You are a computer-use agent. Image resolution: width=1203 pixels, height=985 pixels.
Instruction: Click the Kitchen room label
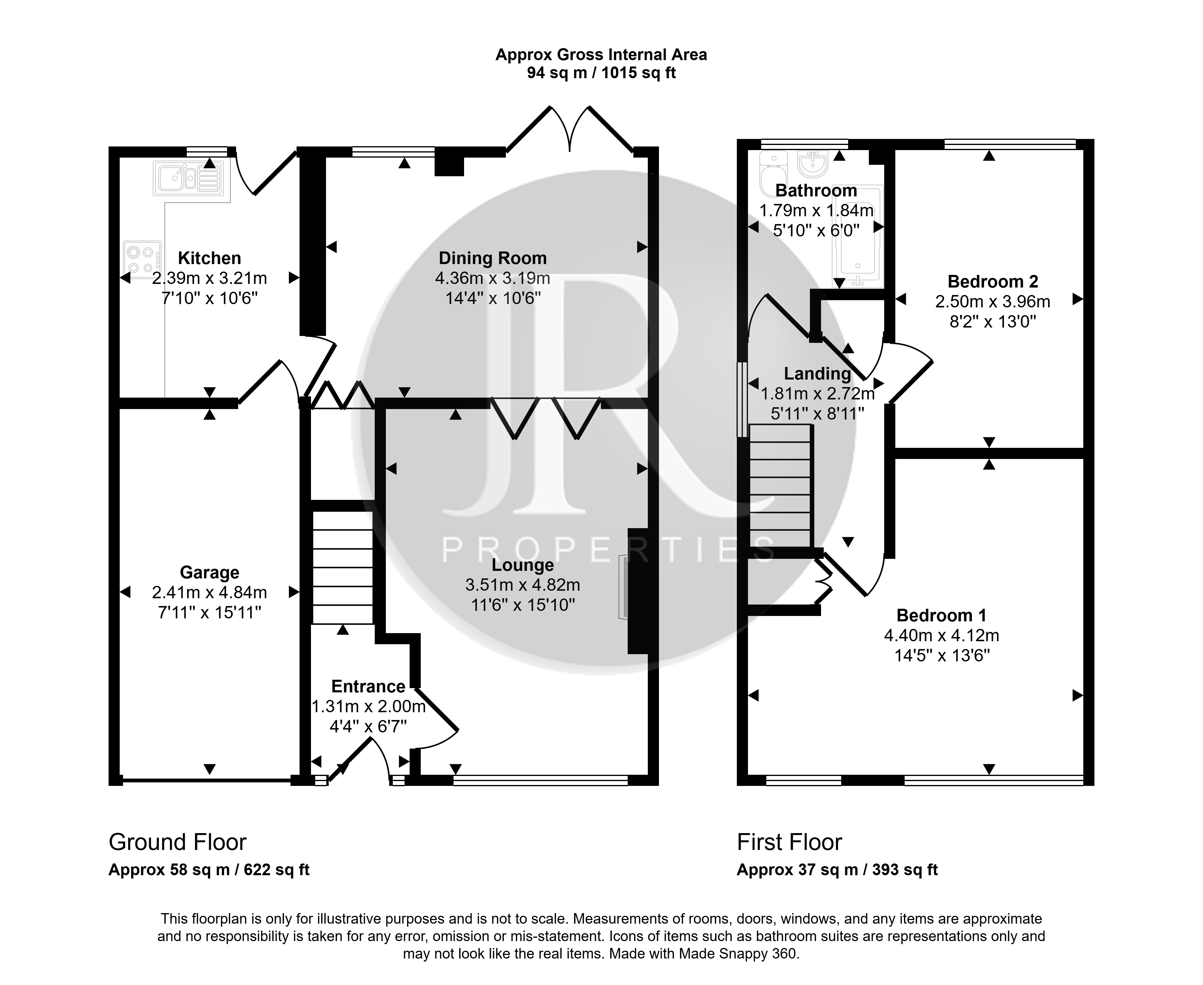click(x=209, y=258)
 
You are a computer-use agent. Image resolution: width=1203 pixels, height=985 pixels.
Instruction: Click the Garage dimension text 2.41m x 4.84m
click(x=209, y=593)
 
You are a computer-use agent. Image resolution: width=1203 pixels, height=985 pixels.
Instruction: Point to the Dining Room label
click(x=493, y=258)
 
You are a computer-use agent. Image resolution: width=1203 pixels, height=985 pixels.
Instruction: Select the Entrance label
click(x=368, y=687)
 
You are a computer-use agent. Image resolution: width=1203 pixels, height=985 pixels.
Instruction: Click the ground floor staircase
click(x=343, y=568)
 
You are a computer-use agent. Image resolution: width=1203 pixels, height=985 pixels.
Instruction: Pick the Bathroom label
click(x=816, y=191)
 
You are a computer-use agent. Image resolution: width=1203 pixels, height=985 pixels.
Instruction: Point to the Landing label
click(x=817, y=374)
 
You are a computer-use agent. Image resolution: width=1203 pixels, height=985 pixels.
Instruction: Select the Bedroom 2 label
click(x=992, y=282)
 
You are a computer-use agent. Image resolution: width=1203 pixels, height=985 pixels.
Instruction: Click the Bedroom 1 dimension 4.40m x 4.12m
click(x=941, y=636)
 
